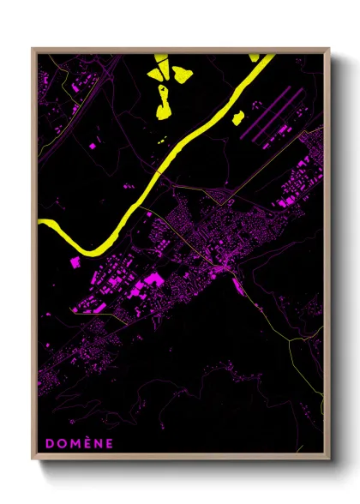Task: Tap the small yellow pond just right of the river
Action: (x=237, y=117)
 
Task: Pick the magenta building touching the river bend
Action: (x=75, y=260)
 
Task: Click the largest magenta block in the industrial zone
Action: (x=152, y=279)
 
